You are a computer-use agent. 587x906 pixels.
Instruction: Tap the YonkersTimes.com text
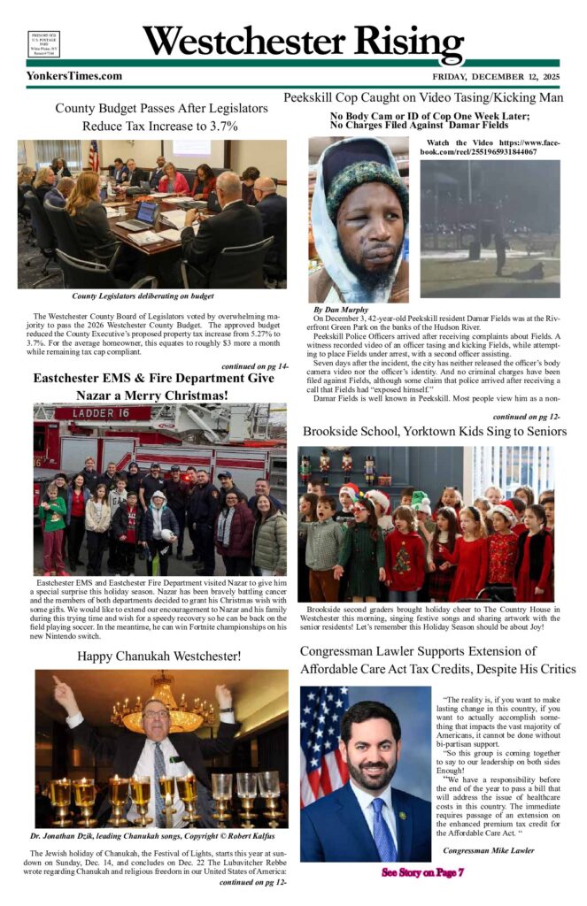(x=74, y=76)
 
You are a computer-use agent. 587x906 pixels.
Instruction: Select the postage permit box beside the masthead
(x=43, y=44)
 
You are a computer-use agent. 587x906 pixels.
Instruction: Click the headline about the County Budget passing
(x=160, y=117)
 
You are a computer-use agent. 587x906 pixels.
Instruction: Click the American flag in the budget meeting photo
(x=94, y=156)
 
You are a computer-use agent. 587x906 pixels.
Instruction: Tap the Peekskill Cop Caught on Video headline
(x=423, y=98)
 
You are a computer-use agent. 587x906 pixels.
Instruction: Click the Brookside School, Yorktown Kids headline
(x=434, y=433)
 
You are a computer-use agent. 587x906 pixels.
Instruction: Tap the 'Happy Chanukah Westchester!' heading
(x=159, y=656)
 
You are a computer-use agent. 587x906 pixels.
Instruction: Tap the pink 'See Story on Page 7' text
(x=423, y=872)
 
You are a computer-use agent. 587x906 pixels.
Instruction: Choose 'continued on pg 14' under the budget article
(x=254, y=365)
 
